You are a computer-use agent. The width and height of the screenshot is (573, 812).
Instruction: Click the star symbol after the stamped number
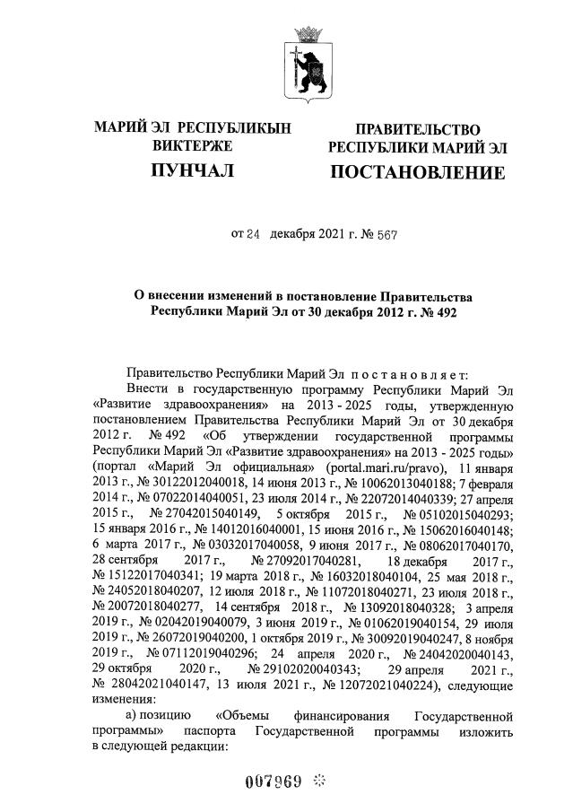point(318,780)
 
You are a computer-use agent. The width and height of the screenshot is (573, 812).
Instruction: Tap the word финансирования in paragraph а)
point(339,717)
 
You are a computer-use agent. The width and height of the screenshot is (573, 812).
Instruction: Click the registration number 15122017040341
point(157,564)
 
